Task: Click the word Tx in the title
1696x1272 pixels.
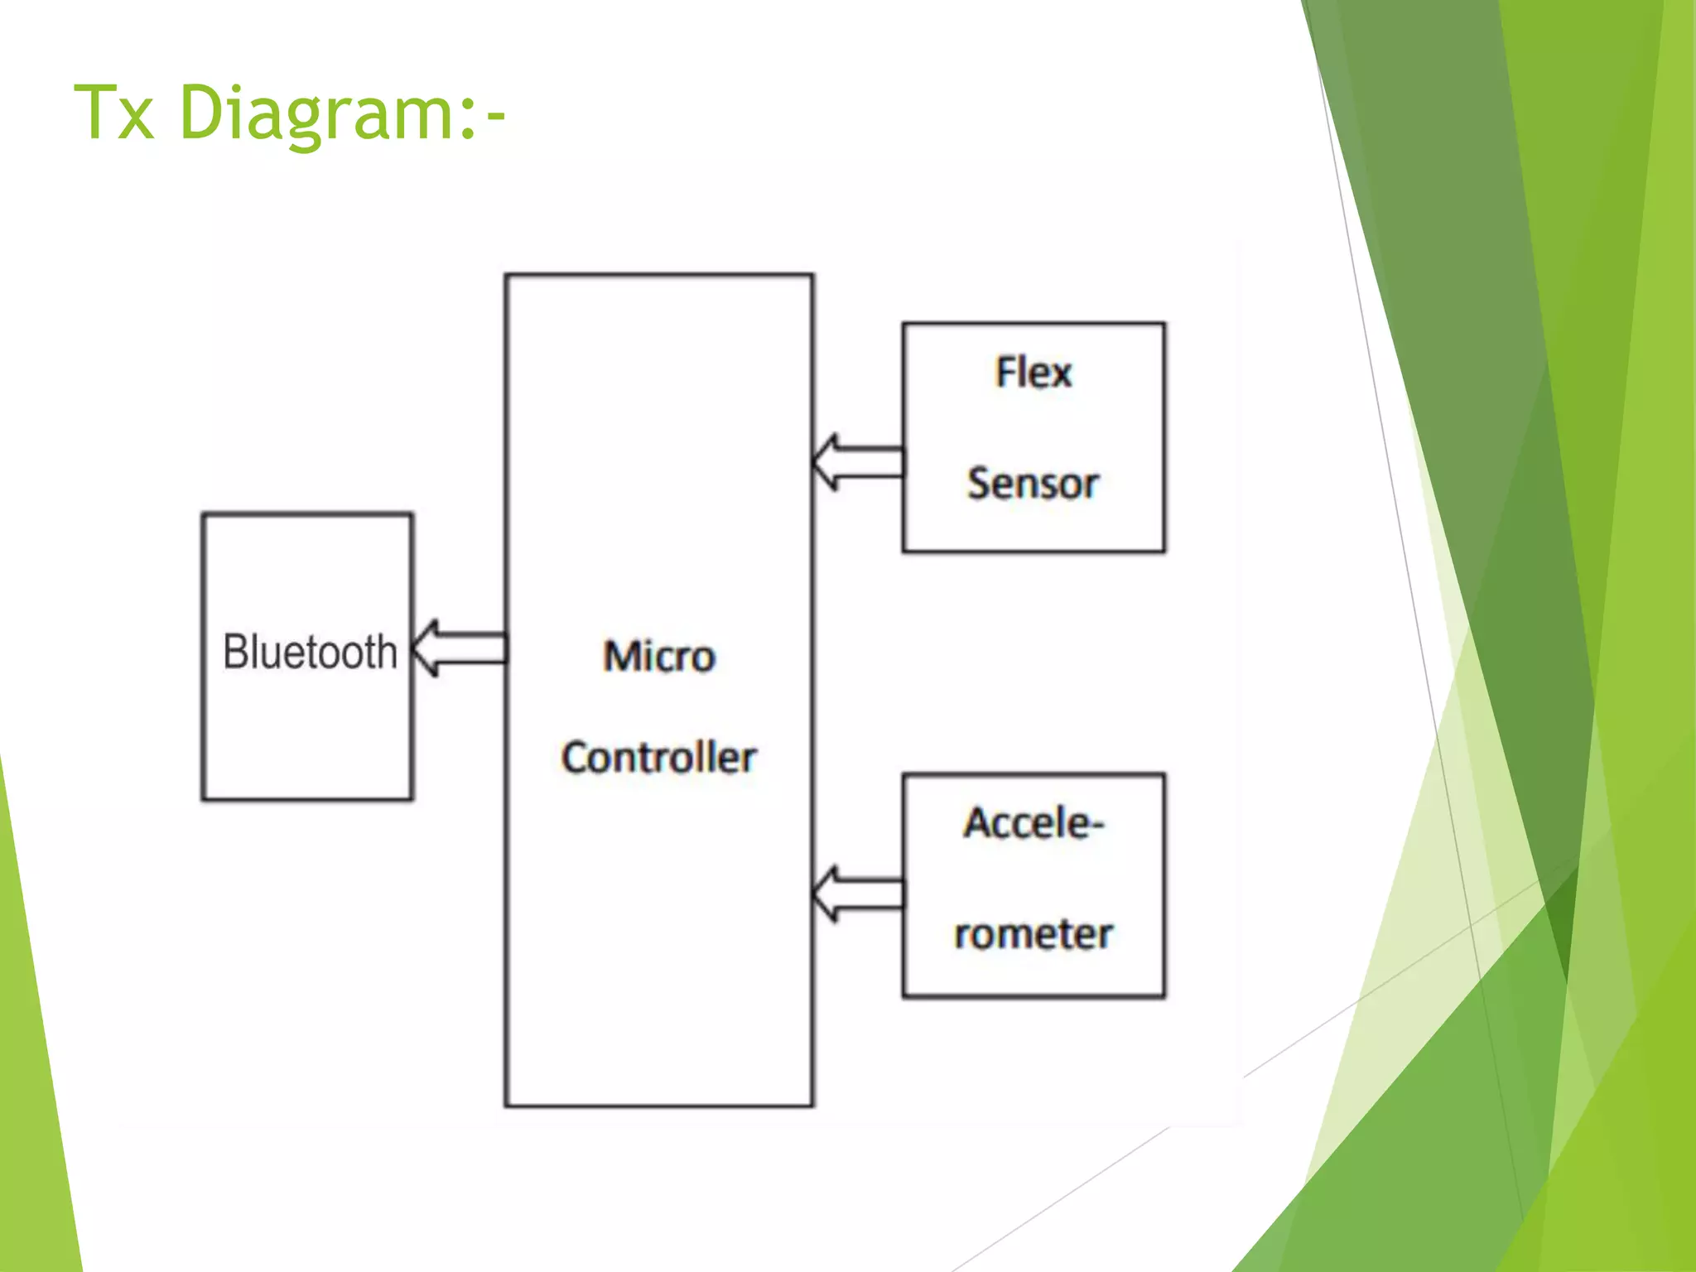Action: click(x=114, y=113)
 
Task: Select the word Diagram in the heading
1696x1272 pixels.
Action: click(x=315, y=114)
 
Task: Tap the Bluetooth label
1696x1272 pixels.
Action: click(x=310, y=652)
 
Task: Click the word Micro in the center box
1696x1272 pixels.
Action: click(x=659, y=657)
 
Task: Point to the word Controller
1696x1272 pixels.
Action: click(x=659, y=757)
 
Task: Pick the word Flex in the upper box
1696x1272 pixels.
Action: click(x=1033, y=373)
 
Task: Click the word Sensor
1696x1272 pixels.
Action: click(x=1033, y=484)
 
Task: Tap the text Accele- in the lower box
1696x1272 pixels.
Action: click(x=1033, y=823)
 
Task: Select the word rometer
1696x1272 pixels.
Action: click(x=1033, y=934)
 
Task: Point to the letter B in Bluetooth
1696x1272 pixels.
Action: click(x=236, y=652)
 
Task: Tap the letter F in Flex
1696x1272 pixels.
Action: click(x=1005, y=372)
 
